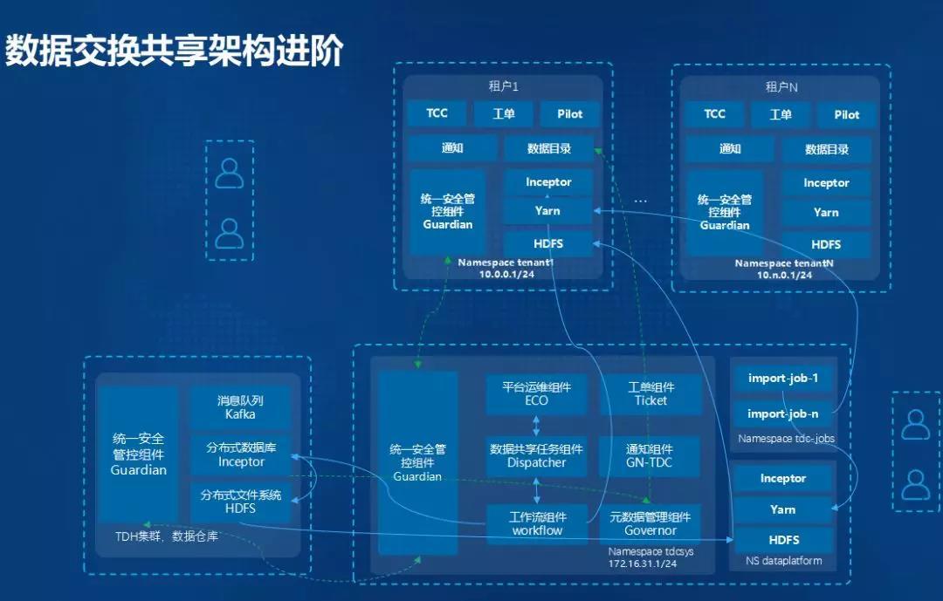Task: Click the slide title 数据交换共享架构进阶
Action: pos(175,51)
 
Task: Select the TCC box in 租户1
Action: pos(437,113)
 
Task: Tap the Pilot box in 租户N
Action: pos(846,114)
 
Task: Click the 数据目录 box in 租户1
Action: pos(549,148)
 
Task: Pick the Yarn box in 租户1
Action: pos(549,211)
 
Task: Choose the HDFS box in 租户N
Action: pos(826,244)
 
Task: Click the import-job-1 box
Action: pos(783,379)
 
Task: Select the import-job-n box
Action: pos(783,413)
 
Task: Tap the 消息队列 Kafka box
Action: pos(240,407)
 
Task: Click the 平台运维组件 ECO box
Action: pos(537,394)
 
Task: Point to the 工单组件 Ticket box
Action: pos(650,394)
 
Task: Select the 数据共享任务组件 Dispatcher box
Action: pos(537,456)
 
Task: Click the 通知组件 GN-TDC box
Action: pos(650,456)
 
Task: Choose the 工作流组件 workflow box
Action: pos(537,523)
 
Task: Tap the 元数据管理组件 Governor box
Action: pos(650,523)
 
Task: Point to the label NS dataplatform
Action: pos(783,561)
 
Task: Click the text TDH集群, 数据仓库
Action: pos(166,536)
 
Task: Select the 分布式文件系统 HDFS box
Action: pos(240,502)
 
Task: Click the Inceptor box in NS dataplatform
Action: pos(783,478)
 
